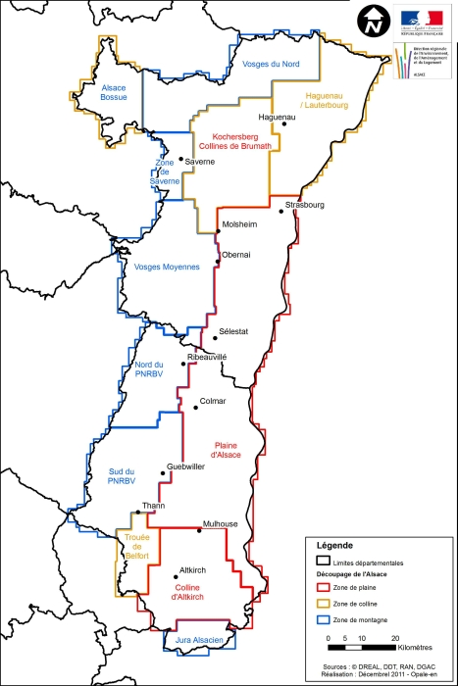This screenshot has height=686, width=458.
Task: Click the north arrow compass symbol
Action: [x=373, y=22]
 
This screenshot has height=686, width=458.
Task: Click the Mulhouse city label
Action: [x=220, y=524]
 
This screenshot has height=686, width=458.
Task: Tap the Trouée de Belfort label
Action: [x=135, y=545]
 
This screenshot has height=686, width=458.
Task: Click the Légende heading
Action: [x=333, y=545]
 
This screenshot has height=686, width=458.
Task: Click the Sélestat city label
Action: [x=234, y=331]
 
